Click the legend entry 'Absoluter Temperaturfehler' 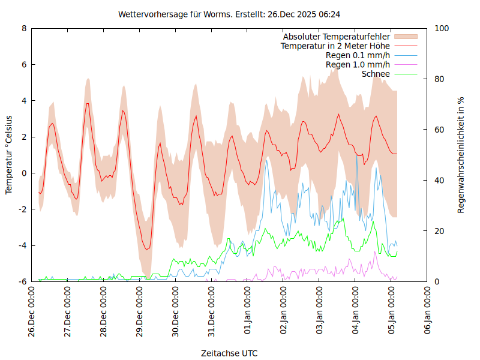pyautogui.click(x=336, y=37)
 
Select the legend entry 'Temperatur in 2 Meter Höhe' pyautogui.click(x=335, y=46)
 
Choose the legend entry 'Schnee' pyautogui.click(x=376, y=74)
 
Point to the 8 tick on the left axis pyautogui.click(x=24, y=28)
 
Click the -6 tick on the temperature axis pyautogui.click(x=22, y=281)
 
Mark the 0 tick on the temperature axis pyautogui.click(x=24, y=173)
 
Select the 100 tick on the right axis pyautogui.click(x=442, y=28)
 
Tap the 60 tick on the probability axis pyautogui.click(x=440, y=130)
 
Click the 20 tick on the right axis pyautogui.click(x=440, y=231)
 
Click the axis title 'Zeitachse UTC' pyautogui.click(x=230, y=353)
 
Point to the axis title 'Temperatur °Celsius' pyautogui.click(x=9, y=155)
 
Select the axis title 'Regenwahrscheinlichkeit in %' pyautogui.click(x=461, y=155)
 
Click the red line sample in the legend pyautogui.click(x=405, y=46)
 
